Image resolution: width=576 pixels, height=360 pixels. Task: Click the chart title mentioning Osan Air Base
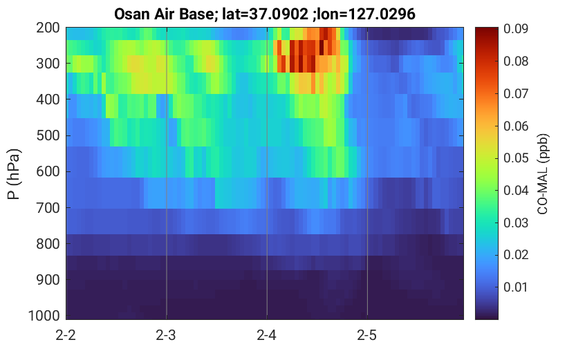[x=264, y=15]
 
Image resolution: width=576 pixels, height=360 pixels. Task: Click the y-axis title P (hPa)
[x=14, y=174]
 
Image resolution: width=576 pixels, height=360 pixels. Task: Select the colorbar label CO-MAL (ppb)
[x=543, y=173]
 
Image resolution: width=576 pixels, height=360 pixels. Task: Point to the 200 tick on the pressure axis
[x=48, y=28]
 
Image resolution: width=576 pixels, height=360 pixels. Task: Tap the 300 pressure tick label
[x=48, y=64]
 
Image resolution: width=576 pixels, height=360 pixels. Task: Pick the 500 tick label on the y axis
[x=48, y=135]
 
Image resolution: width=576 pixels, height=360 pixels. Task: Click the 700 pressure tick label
[x=48, y=208]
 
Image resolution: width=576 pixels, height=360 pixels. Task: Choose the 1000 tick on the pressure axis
[x=44, y=316]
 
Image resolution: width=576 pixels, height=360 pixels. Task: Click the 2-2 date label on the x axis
[x=66, y=335]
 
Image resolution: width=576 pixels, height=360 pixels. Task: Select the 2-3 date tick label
[x=166, y=335]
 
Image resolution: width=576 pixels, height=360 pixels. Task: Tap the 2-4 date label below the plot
[x=267, y=335]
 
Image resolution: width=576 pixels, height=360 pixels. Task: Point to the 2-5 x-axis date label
[x=367, y=335]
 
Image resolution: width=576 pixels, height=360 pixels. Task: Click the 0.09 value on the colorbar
[x=516, y=28]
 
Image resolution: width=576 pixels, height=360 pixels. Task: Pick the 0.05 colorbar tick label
[x=516, y=158]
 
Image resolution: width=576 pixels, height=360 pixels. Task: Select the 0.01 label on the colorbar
[x=516, y=287]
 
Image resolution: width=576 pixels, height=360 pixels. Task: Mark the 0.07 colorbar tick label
[x=516, y=93]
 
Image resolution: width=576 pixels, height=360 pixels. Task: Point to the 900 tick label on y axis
[x=48, y=280]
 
